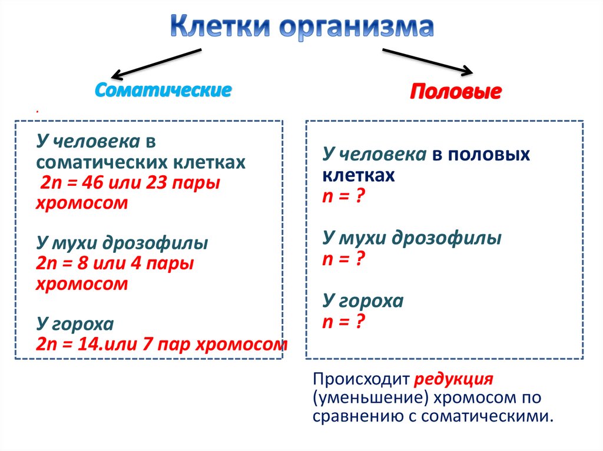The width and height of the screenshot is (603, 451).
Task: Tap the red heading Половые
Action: [x=455, y=92]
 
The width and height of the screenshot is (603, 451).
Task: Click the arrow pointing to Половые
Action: [x=428, y=62]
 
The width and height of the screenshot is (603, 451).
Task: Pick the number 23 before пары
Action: [x=155, y=183]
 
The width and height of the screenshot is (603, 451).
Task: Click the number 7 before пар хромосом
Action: [x=147, y=344]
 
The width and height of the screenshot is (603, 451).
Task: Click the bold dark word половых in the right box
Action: [x=489, y=155]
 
